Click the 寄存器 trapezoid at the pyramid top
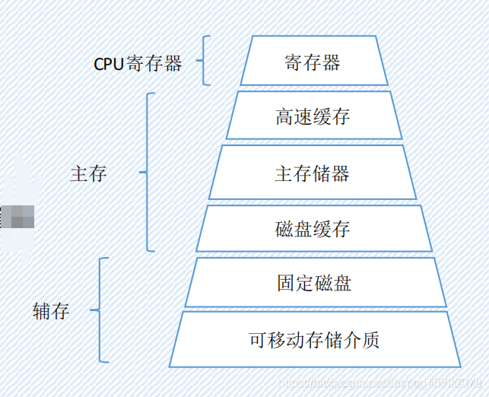pyautogui.click(x=312, y=61)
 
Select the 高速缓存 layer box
pyautogui.click(x=313, y=116)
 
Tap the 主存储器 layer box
pyautogui.click(x=313, y=173)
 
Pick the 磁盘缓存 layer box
pyautogui.click(x=313, y=229)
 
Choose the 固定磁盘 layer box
pyautogui.click(x=314, y=284)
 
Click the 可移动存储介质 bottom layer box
pyautogui.click(x=314, y=339)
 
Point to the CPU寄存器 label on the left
pyautogui.click(x=138, y=63)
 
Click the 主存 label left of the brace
pyautogui.click(x=88, y=173)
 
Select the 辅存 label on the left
pyautogui.click(x=51, y=310)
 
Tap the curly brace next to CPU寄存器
pyautogui.click(x=203, y=60)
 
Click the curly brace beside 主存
pyautogui.click(x=147, y=173)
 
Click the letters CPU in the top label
pyautogui.click(x=109, y=64)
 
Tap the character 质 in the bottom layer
pyautogui.click(x=370, y=339)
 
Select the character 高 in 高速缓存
pyautogui.click(x=284, y=116)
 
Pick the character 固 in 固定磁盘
pyautogui.click(x=286, y=284)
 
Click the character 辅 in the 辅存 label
pyautogui.click(x=42, y=310)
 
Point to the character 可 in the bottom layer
pyautogui.click(x=258, y=339)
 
